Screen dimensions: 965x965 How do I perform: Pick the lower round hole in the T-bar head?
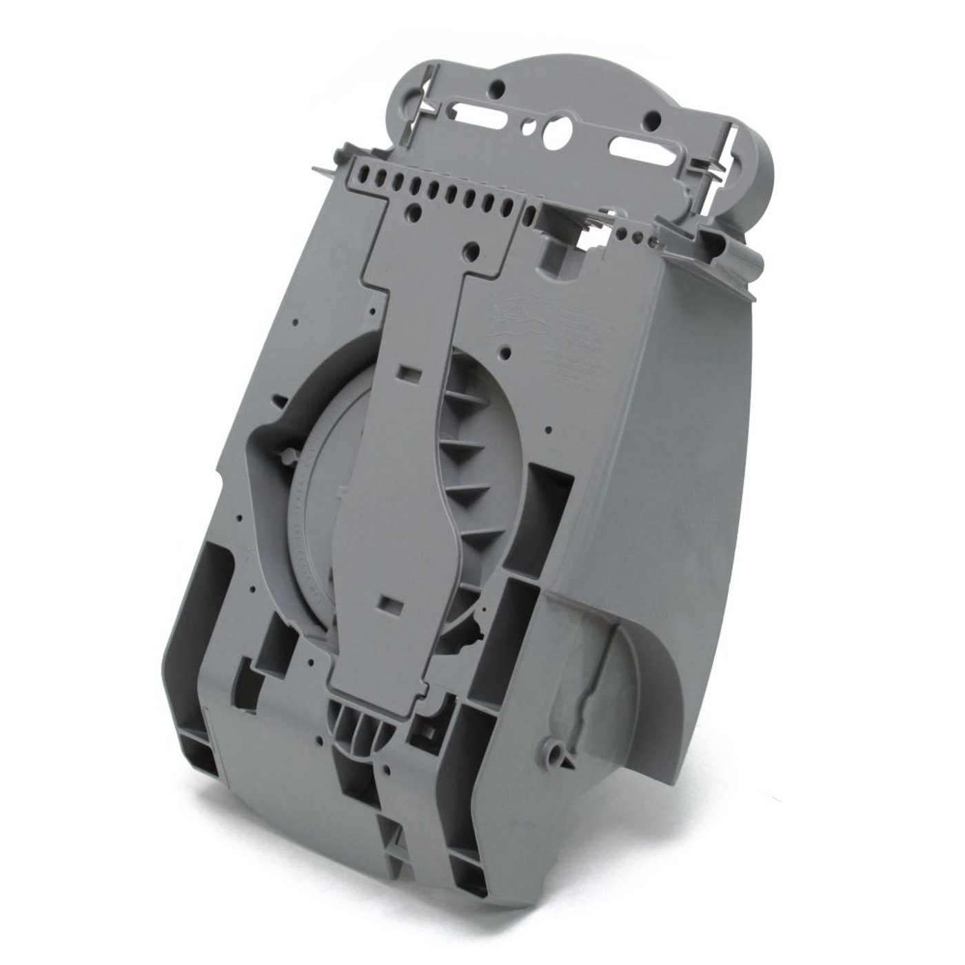coord(473,247)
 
